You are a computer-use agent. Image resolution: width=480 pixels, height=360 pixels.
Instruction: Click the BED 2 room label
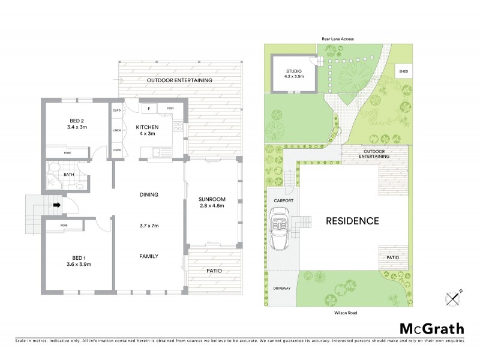coord(76,121)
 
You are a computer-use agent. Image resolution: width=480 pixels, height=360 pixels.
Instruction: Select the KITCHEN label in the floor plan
coord(147,128)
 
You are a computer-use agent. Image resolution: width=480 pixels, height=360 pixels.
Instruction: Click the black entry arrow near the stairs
coord(57,205)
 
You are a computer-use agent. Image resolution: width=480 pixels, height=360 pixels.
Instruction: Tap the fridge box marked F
coord(148,109)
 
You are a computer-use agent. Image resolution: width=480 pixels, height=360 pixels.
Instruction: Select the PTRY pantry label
coord(170,109)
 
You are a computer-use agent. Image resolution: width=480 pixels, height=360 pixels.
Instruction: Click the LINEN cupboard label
coord(117,130)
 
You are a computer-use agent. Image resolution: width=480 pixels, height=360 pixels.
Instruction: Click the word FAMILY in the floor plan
coord(149,256)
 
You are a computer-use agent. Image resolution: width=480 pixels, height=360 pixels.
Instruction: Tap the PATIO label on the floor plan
coord(214,271)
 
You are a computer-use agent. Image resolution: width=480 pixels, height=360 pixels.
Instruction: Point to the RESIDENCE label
coord(352,221)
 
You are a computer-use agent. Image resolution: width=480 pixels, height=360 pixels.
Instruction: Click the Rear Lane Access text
coord(337,39)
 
